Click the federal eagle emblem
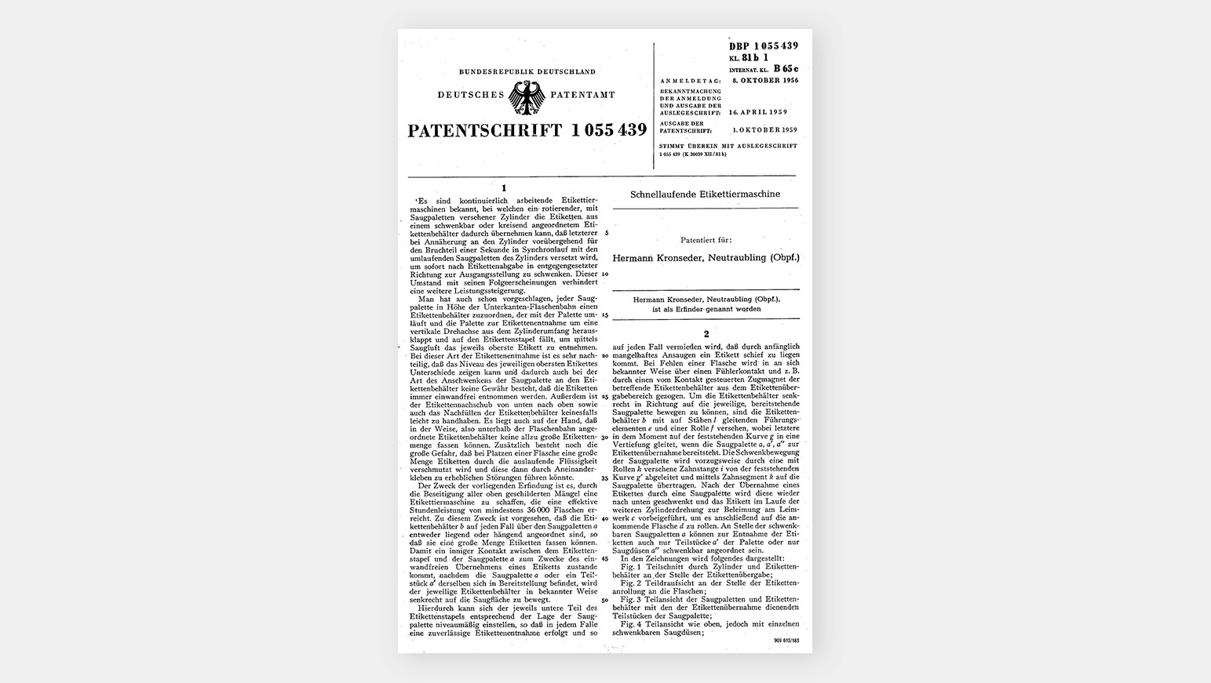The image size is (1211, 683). coord(527,97)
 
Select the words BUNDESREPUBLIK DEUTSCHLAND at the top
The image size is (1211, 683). coord(527,71)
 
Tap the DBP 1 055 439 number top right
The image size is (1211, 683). coord(763,46)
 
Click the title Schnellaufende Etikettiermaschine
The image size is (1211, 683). coord(705,194)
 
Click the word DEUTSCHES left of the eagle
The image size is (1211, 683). coord(471,95)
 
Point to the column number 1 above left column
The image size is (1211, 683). coord(504,187)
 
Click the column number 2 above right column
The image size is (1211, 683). coord(706,334)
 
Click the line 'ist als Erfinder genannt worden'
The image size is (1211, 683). coord(704,309)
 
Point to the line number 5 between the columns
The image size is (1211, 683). coord(604,232)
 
